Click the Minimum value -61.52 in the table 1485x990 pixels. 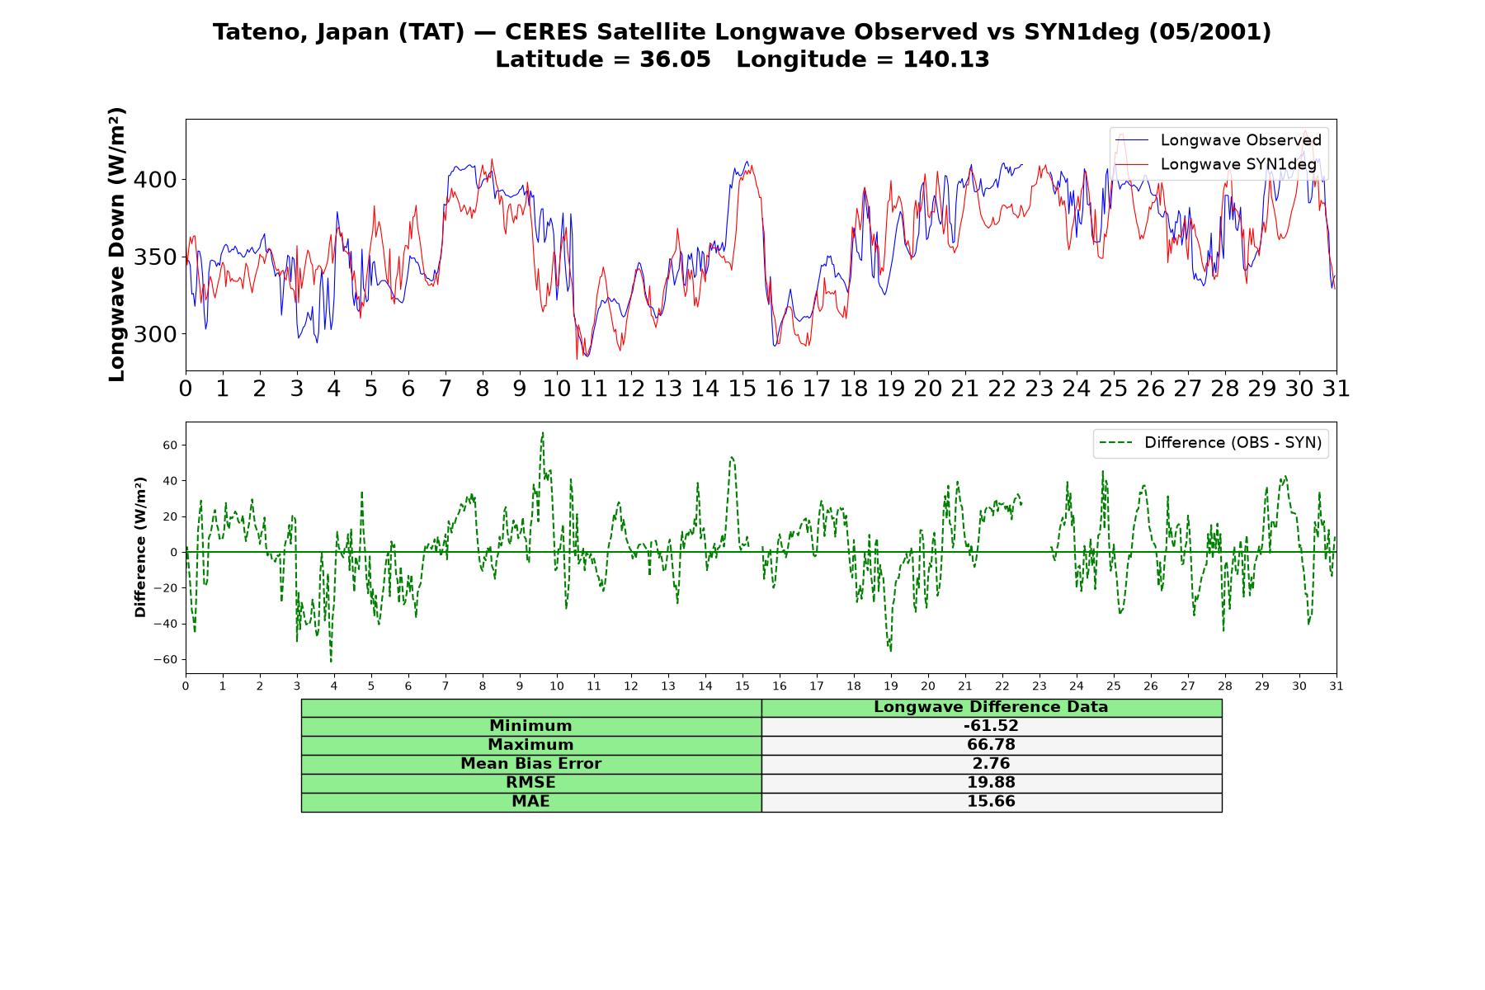coord(991,726)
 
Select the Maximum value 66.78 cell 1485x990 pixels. coord(991,745)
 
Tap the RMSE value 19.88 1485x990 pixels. coord(991,783)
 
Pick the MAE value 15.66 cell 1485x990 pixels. coord(991,802)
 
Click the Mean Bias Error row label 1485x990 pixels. coord(530,764)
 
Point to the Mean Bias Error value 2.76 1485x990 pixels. coord(991,764)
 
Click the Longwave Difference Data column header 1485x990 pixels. coord(991,707)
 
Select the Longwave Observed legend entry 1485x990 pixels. coord(1219,140)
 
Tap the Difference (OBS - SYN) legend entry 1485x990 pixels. coord(1210,443)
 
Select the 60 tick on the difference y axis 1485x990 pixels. coord(171,445)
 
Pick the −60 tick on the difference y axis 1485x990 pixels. coord(166,660)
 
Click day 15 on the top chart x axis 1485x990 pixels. coord(742,389)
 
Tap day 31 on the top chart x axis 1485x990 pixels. coord(1336,389)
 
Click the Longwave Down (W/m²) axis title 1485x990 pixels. coord(117,244)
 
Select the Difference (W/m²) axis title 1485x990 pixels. coord(140,547)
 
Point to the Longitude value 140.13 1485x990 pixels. coord(946,59)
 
